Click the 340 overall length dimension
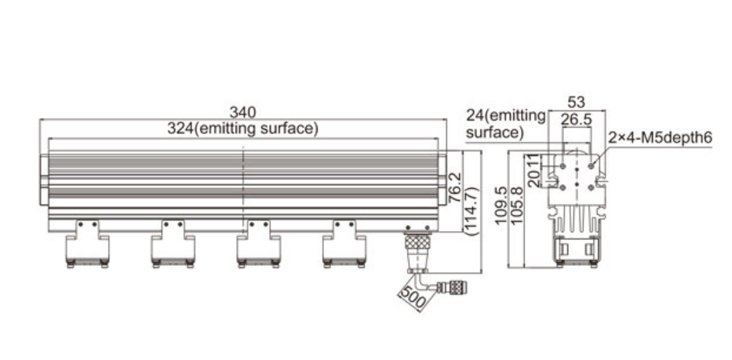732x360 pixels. [x=242, y=112]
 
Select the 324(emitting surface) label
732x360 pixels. [x=242, y=129]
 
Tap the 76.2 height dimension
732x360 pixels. [x=455, y=187]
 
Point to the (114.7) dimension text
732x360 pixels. [x=472, y=210]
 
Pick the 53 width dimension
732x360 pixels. [x=576, y=102]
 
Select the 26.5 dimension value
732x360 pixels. [x=576, y=119]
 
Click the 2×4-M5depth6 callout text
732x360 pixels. [x=660, y=138]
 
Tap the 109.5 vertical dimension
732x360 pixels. [x=501, y=206]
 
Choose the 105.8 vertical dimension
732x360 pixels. [x=516, y=206]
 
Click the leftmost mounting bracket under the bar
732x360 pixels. [x=87, y=244]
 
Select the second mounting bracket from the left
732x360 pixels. [x=173, y=244]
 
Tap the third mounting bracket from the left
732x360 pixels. [x=259, y=244]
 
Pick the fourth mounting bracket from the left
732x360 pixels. [x=344, y=244]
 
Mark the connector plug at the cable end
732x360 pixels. [x=453, y=287]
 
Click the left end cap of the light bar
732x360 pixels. [x=44, y=180]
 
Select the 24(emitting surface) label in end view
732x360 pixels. [x=505, y=124]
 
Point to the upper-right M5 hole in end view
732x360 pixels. [x=591, y=165]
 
